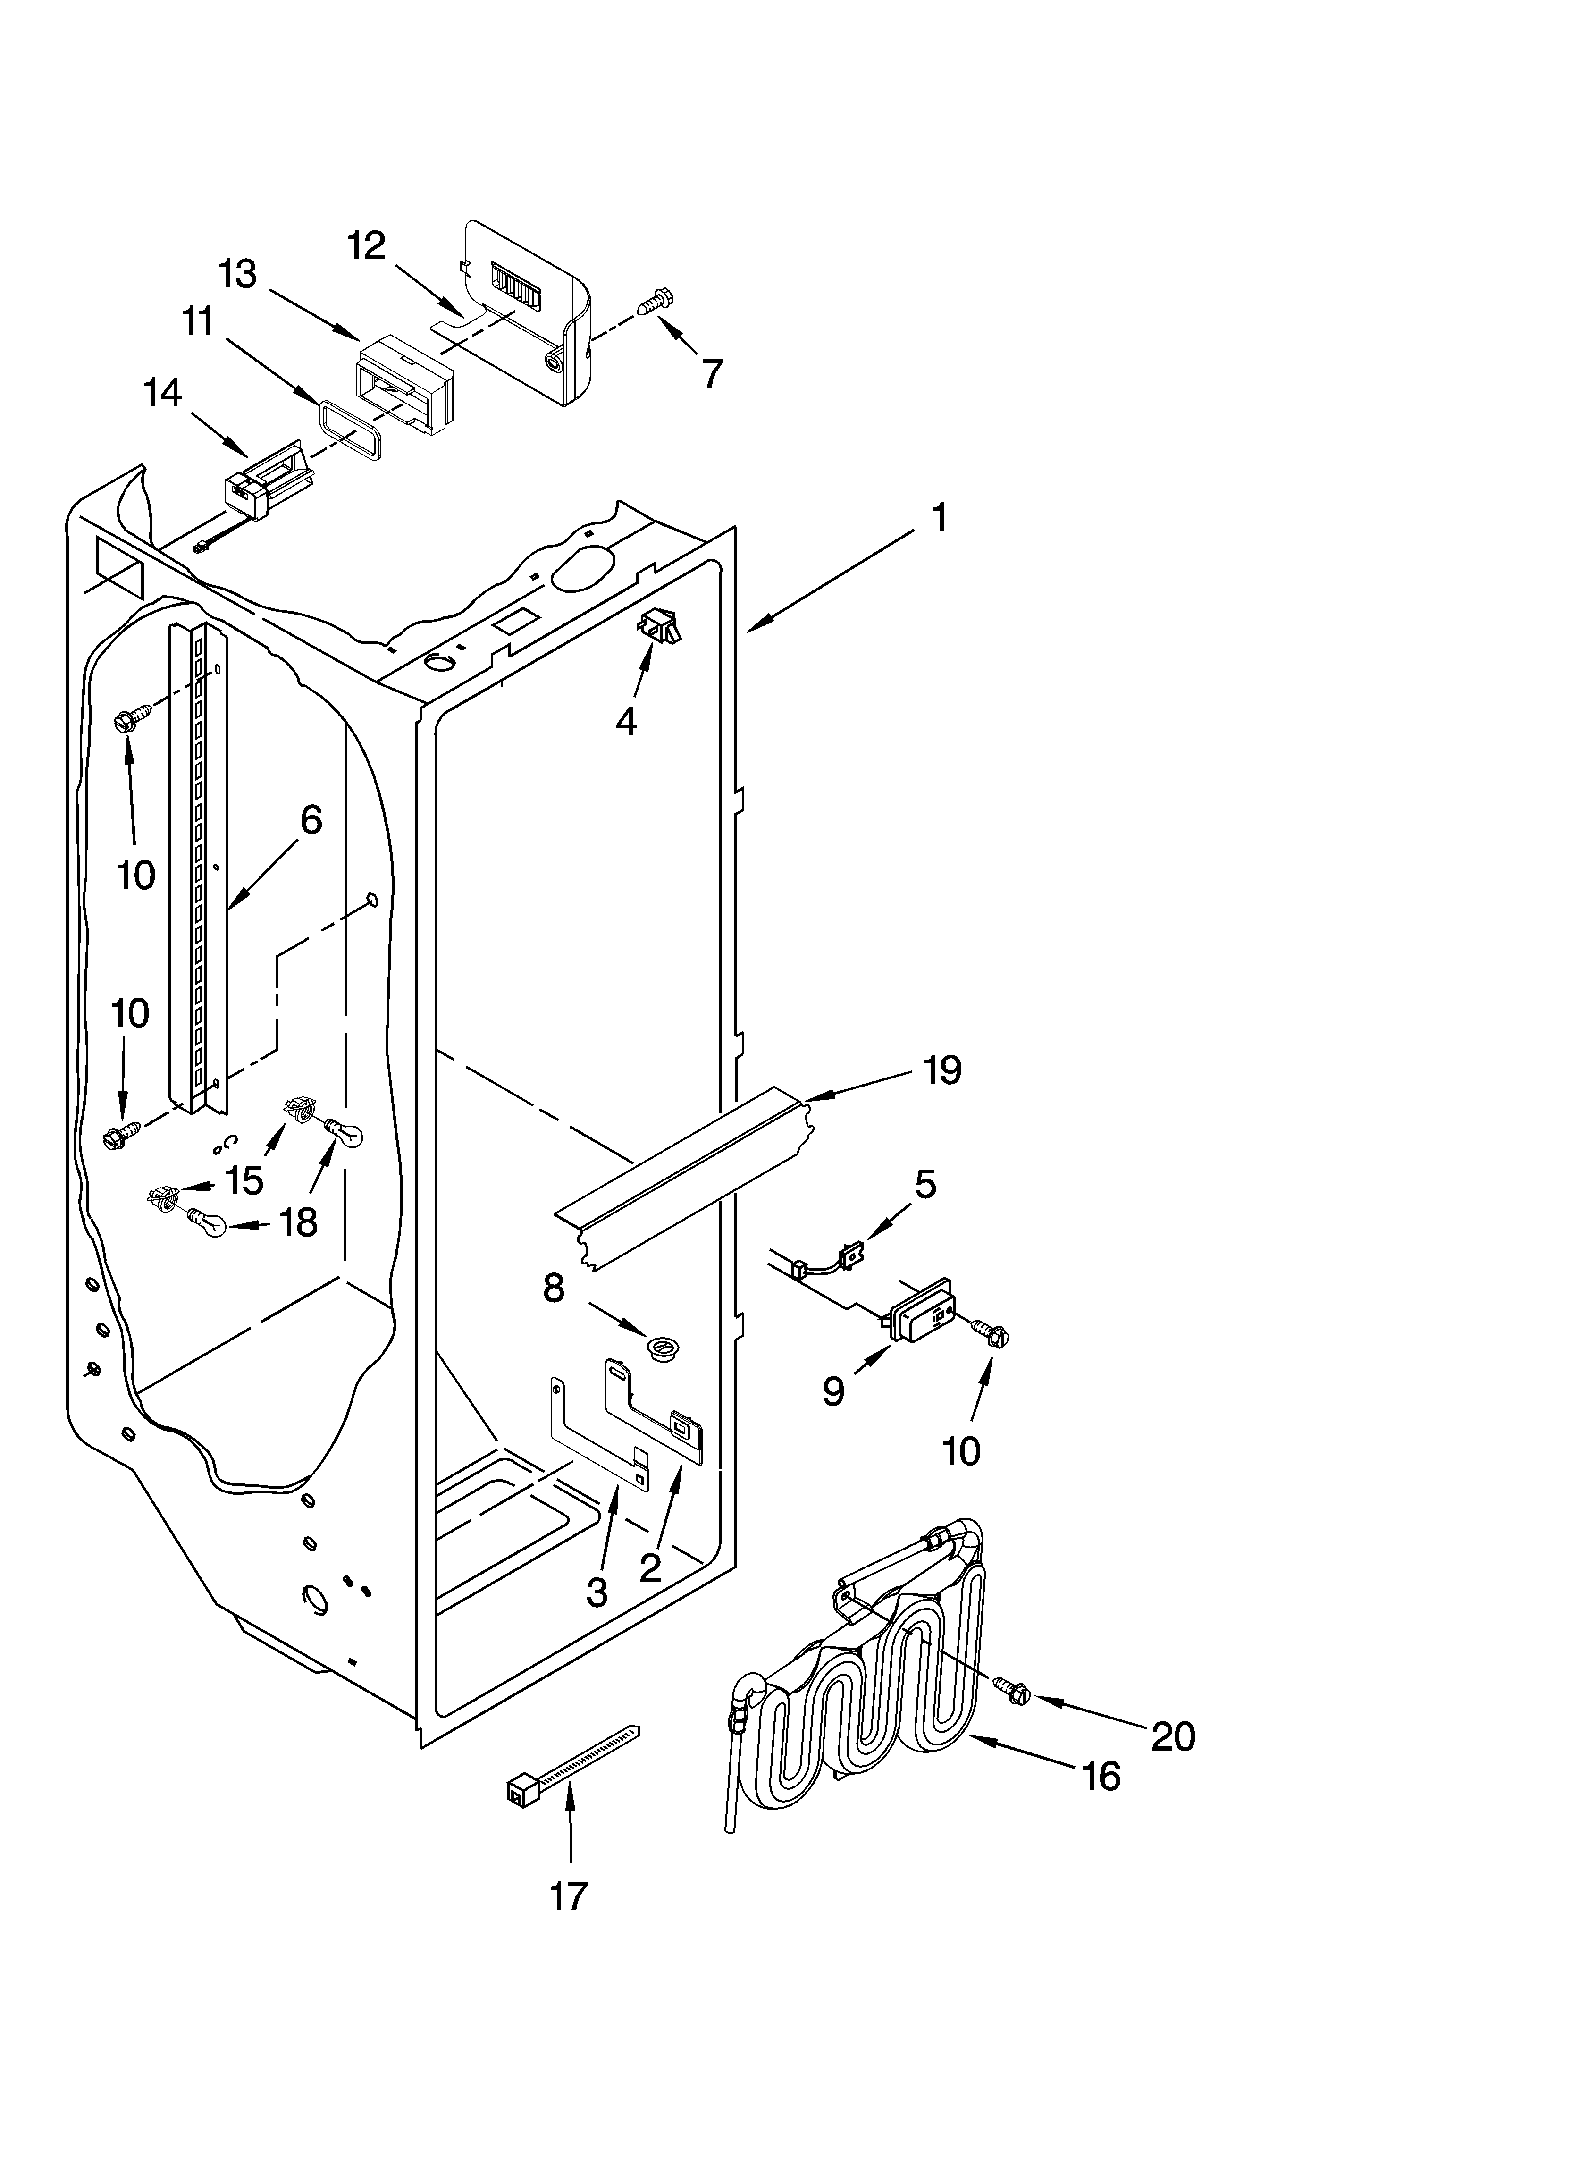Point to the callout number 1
point(939,518)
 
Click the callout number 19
point(942,1070)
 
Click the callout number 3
point(597,1591)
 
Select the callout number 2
point(650,1567)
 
